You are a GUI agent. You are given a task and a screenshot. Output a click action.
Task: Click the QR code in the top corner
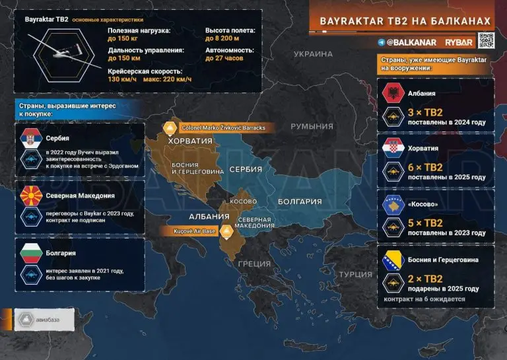487,41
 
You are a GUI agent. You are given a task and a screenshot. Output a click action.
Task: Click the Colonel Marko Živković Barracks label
224,127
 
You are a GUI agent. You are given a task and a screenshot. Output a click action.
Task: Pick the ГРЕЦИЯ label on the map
254,264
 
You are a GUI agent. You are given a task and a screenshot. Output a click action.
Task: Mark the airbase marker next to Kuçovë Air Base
226,231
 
